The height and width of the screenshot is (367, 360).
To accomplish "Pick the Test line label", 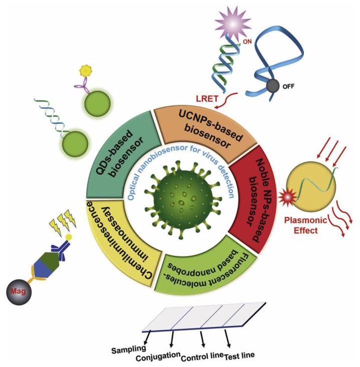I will [x=240, y=355].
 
